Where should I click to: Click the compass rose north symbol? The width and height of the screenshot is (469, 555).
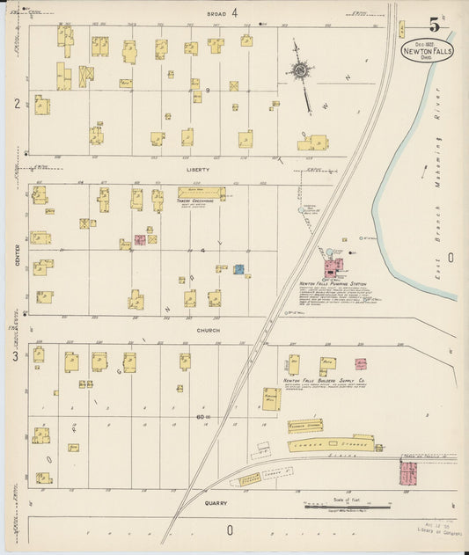300,69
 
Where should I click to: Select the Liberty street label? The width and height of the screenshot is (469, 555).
198,169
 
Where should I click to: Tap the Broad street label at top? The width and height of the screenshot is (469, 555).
219,14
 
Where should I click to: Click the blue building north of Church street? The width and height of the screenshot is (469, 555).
238,268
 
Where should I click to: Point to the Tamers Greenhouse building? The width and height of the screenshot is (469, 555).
202,193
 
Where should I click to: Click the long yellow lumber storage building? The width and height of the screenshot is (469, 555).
331,442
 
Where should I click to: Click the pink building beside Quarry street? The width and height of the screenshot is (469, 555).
410,473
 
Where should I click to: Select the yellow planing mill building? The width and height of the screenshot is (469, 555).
272,398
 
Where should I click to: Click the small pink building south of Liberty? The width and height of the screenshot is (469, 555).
139,239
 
